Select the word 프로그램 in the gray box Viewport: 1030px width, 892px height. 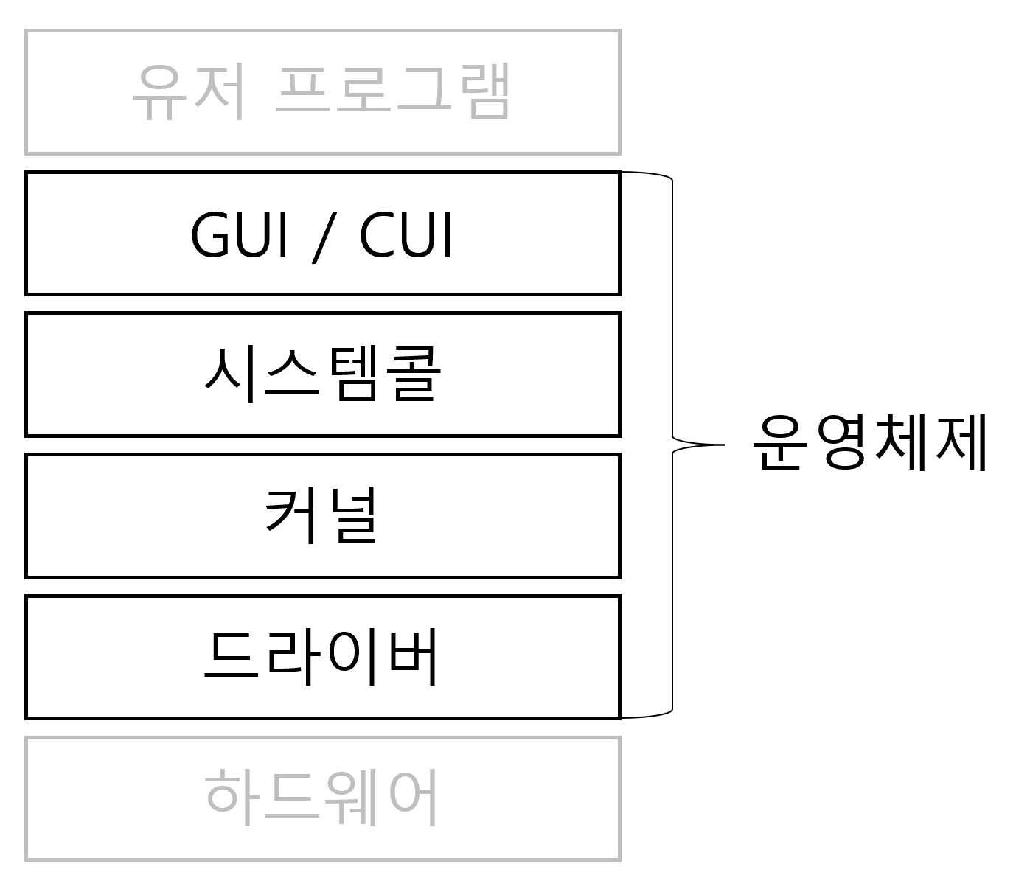pyautogui.click(x=393, y=91)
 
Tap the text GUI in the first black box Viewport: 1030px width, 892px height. pyautogui.click(x=239, y=234)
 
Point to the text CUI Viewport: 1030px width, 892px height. pyautogui.click(x=405, y=234)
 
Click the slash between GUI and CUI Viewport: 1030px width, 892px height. pyautogui.click(x=324, y=237)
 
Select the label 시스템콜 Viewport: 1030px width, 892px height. pyautogui.click(x=323, y=374)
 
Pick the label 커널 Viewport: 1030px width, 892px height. pyautogui.click(x=321, y=515)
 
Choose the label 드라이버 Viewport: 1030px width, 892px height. pyautogui.click(x=321, y=656)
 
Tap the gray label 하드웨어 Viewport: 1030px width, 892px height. pyautogui.click(x=321, y=798)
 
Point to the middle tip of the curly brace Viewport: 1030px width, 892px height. pyautogui.click(x=725, y=445)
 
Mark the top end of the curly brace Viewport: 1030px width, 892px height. pyautogui.click(x=622, y=173)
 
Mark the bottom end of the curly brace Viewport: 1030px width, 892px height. pyautogui.click(x=622, y=717)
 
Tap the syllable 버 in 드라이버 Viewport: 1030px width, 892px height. pyautogui.click(x=413, y=656)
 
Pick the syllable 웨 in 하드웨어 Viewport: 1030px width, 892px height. pyautogui.click(x=350, y=798)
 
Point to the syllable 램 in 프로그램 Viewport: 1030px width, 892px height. pyautogui.click(x=484, y=91)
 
